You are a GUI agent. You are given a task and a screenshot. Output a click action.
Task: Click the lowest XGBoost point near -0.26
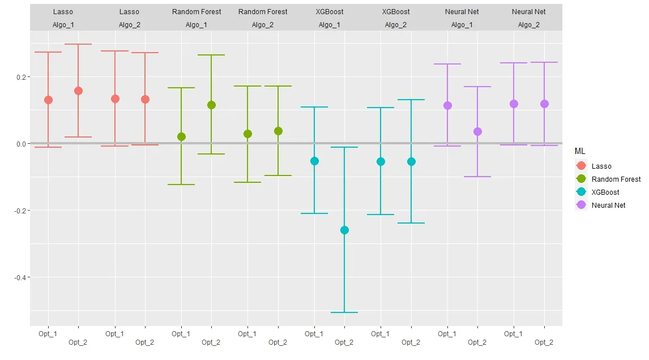(344, 230)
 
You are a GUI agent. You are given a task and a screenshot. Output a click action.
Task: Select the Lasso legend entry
(601, 166)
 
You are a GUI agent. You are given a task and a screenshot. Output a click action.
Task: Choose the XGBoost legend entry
(605, 192)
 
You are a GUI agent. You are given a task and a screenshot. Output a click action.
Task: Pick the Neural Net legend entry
(608, 205)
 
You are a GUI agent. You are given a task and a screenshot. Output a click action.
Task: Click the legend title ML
(580, 152)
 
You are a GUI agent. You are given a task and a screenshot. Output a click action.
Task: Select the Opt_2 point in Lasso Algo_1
(78, 91)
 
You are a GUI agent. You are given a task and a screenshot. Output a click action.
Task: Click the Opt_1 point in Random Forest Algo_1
(181, 136)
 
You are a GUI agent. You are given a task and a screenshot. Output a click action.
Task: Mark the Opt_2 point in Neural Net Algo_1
(477, 131)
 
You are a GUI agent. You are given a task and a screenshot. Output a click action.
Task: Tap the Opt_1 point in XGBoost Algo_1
(314, 161)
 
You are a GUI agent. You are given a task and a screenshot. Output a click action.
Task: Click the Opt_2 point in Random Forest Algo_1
(211, 105)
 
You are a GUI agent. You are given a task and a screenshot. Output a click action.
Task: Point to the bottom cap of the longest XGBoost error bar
(344, 312)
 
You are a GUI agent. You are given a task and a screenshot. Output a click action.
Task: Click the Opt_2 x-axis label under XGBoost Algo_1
(344, 342)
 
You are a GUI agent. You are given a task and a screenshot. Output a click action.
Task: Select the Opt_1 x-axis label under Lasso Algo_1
(48, 334)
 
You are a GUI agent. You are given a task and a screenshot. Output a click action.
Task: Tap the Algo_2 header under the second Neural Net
(528, 25)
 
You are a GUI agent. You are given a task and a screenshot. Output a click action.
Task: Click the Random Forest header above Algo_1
(197, 12)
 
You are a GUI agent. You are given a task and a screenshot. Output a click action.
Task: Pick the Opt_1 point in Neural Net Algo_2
(514, 104)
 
